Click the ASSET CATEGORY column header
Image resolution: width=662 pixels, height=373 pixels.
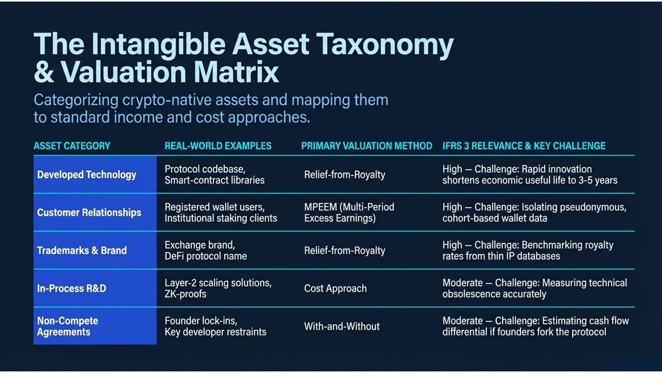click(72, 146)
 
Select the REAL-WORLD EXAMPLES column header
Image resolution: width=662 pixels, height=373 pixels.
click(218, 146)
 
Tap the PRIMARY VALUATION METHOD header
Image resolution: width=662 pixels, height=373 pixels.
click(367, 146)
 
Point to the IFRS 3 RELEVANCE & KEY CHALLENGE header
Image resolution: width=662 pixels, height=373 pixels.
click(524, 146)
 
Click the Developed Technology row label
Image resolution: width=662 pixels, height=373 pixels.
click(86, 174)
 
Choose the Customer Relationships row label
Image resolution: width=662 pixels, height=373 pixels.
click(89, 213)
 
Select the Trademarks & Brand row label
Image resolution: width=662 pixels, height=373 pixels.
click(82, 250)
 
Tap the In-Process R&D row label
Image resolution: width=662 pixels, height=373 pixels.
click(72, 288)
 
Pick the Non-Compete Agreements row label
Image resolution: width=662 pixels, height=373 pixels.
click(68, 326)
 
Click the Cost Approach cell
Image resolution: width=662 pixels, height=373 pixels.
click(335, 288)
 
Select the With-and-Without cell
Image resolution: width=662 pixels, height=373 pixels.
click(342, 326)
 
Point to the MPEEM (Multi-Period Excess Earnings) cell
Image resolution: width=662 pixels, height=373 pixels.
click(349, 213)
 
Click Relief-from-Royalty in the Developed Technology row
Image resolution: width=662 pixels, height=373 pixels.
click(345, 174)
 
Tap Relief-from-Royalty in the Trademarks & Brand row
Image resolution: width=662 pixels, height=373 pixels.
click(345, 250)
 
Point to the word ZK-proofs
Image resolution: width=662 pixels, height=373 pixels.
click(185, 294)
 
